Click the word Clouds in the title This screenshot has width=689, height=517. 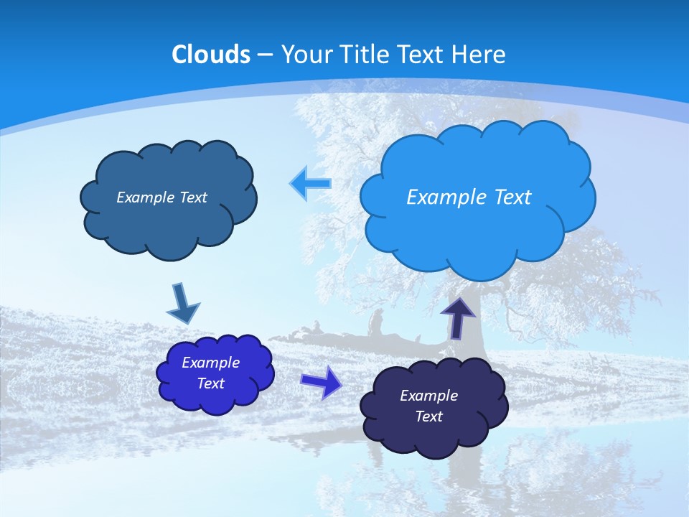click(x=211, y=55)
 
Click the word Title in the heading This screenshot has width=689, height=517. click(x=365, y=55)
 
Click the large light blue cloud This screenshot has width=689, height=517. click(x=477, y=230)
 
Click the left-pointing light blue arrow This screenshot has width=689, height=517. click(x=310, y=183)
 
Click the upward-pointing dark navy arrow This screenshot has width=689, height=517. click(x=458, y=317)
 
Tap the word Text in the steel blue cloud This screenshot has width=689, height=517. click(x=192, y=197)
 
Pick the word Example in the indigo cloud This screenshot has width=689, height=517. click(x=210, y=363)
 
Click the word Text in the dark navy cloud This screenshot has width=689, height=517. click(x=428, y=416)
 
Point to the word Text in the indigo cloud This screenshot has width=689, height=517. click(x=210, y=383)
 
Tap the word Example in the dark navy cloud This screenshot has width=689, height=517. click(x=428, y=396)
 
